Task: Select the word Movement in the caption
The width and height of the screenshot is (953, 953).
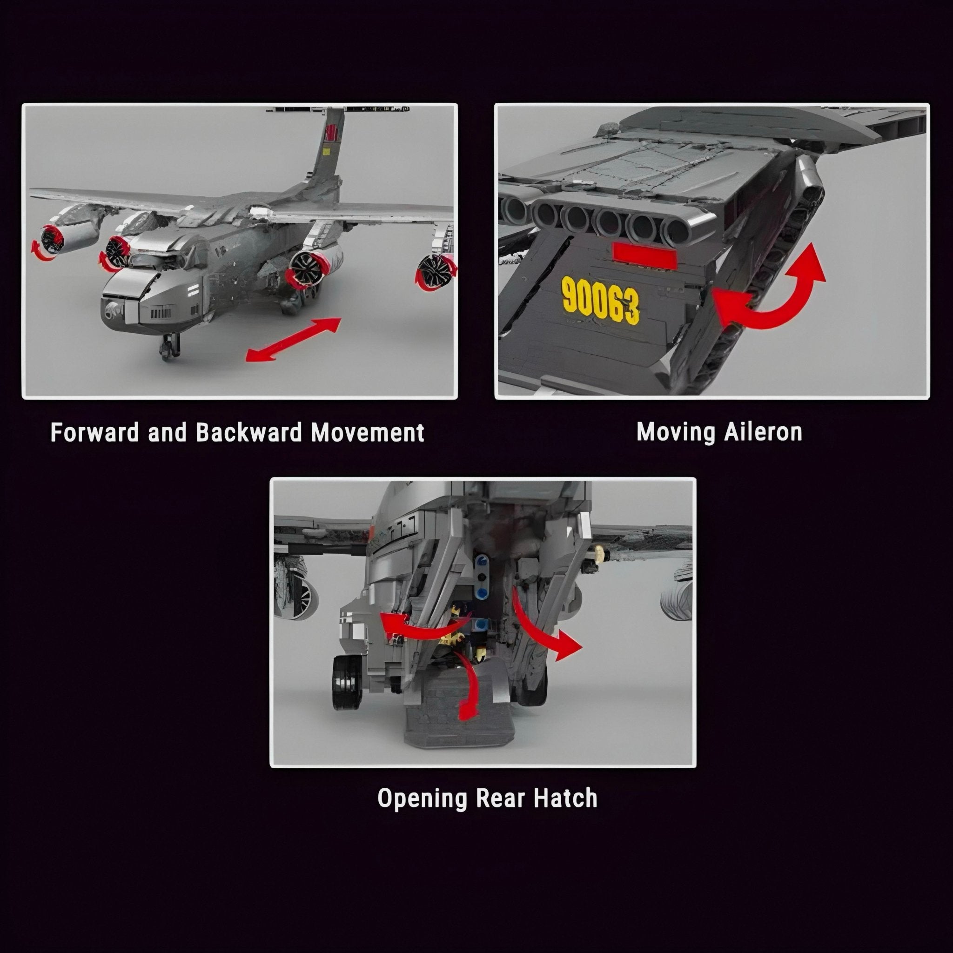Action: point(368,433)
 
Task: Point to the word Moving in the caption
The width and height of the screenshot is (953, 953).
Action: point(676,433)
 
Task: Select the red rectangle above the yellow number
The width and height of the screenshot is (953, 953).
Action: point(644,256)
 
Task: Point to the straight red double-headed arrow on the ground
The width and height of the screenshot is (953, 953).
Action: point(294,340)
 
